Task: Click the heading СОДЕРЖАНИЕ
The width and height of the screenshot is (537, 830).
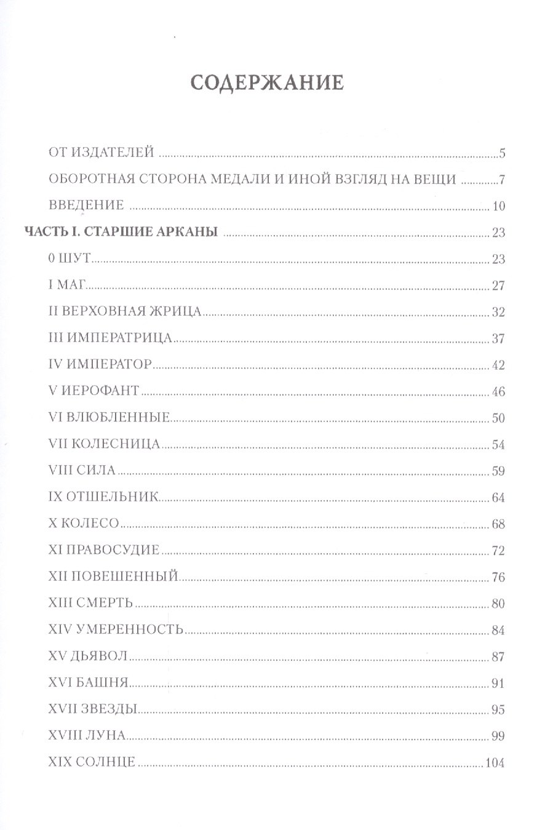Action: tap(266, 83)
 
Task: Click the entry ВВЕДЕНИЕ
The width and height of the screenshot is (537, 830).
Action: tap(87, 205)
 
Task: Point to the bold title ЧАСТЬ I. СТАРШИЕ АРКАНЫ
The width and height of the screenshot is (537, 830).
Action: tap(122, 232)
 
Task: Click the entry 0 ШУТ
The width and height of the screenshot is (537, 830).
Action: tap(69, 259)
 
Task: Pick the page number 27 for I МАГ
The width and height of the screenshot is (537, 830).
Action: tap(498, 285)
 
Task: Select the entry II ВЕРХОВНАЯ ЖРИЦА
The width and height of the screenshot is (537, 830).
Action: tap(124, 312)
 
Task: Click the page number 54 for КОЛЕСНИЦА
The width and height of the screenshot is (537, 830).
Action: tap(498, 445)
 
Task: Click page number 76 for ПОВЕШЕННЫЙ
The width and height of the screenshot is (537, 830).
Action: tap(498, 577)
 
